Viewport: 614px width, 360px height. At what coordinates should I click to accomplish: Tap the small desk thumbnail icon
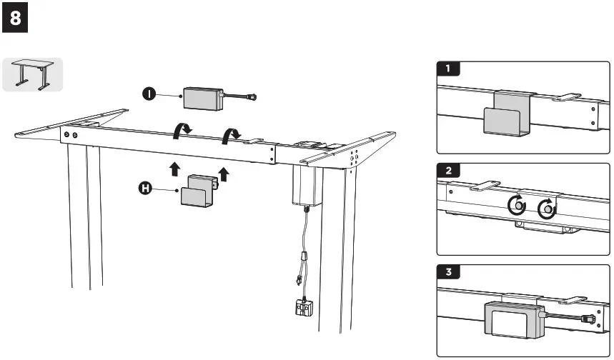pyautogui.click(x=33, y=74)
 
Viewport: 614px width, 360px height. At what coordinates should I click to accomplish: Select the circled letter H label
pyautogui.click(x=144, y=189)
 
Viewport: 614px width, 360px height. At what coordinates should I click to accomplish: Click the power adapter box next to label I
pyautogui.click(x=204, y=99)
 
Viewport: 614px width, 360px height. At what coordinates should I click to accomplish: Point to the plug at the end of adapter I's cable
pyautogui.click(x=251, y=96)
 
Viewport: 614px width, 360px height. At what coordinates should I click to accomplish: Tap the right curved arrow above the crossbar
pyautogui.click(x=232, y=135)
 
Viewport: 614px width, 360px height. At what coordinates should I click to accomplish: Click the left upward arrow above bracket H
pyautogui.click(x=173, y=169)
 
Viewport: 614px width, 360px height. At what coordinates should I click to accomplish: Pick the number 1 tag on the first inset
pyautogui.click(x=448, y=69)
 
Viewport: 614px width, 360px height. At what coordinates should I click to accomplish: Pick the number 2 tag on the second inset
pyautogui.click(x=448, y=171)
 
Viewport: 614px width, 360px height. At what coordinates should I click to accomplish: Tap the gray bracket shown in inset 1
pyautogui.click(x=507, y=117)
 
